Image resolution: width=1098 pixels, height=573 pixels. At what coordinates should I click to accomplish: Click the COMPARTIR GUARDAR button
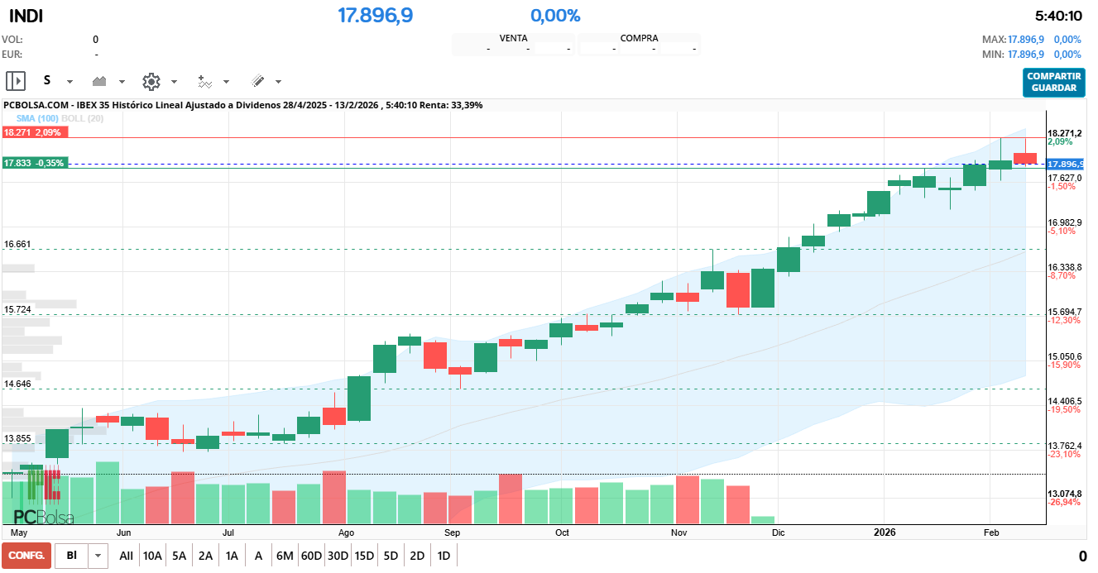1053,82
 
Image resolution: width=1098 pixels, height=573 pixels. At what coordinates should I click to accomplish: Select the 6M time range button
285,556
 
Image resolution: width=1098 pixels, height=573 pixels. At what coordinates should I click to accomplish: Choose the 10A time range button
152,556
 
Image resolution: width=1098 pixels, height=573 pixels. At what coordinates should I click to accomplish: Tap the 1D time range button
444,556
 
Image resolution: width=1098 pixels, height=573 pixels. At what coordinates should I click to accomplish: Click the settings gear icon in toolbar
151,81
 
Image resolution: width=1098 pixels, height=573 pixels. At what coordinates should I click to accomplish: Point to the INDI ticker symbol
26,16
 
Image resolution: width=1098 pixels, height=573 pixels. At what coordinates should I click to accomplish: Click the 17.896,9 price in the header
375,16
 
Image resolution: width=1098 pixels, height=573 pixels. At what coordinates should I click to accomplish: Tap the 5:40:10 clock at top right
1058,16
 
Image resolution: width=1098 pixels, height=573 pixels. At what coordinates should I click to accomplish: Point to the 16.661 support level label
17,244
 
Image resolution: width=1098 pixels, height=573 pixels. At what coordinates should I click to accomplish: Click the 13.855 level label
17,438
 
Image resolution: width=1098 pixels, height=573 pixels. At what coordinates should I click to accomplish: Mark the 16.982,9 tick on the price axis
1064,222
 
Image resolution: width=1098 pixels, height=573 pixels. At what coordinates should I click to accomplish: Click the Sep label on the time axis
453,532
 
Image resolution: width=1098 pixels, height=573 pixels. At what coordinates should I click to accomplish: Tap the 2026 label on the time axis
885,532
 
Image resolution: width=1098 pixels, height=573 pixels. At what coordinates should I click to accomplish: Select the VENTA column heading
514,38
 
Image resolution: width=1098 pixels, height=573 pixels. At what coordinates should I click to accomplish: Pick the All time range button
126,556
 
